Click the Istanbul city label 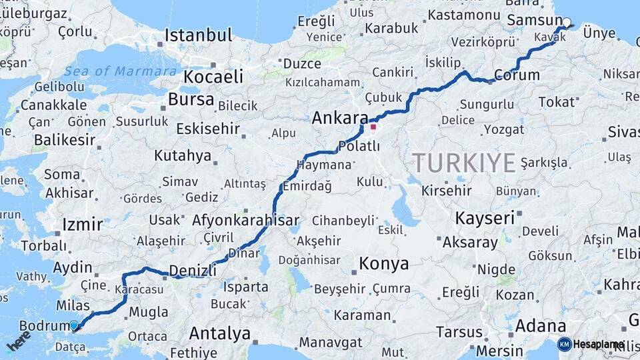click(199, 35)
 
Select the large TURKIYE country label click(464, 163)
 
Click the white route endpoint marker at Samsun click(567, 23)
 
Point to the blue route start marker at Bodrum click(73, 325)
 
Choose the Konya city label click(383, 264)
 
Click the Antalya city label click(219, 333)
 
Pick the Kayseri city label click(485, 218)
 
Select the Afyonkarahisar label click(245, 220)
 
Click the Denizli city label click(193, 270)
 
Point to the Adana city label click(540, 327)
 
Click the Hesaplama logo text click(599, 344)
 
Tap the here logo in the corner click(19, 341)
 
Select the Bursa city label click(191, 100)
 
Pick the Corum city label click(517, 75)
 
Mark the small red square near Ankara click(373, 127)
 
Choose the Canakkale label click(53, 105)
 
